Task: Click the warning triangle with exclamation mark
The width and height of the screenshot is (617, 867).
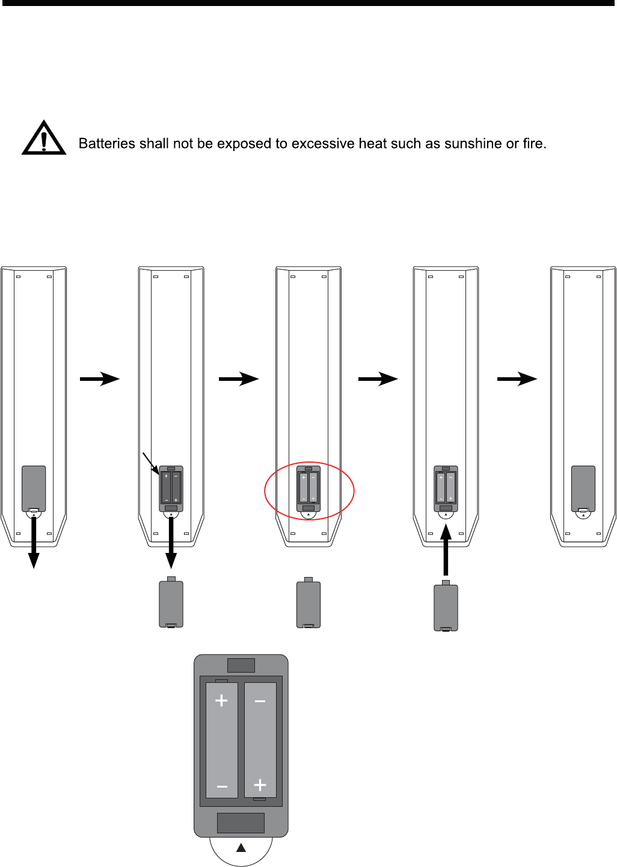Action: (44, 139)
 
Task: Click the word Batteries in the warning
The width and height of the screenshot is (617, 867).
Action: (107, 144)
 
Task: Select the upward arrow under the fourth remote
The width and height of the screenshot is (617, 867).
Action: (446, 550)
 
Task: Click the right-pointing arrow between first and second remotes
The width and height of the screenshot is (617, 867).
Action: (100, 379)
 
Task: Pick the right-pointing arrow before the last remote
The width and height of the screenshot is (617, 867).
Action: (517, 379)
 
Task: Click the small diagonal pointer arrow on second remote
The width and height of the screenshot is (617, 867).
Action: (150, 462)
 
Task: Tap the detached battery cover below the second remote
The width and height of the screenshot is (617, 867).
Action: (171, 603)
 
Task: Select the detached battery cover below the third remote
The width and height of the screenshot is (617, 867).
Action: (308, 603)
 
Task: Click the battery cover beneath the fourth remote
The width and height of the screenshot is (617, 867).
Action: (446, 607)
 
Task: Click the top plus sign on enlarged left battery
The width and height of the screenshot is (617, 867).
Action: (222, 700)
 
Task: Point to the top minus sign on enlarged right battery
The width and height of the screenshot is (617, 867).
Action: (260, 701)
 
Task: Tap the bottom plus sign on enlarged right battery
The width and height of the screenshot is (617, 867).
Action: (260, 785)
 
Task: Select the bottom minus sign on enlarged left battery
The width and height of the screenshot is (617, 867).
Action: (222, 786)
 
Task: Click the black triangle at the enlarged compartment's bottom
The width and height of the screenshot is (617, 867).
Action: (241, 848)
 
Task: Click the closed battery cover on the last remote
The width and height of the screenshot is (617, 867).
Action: (583, 487)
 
